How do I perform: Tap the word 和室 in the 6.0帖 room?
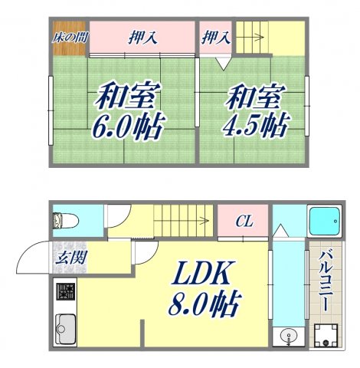click(127, 97)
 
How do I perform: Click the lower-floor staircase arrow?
click(184, 220)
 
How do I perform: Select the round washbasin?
click(288, 334)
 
